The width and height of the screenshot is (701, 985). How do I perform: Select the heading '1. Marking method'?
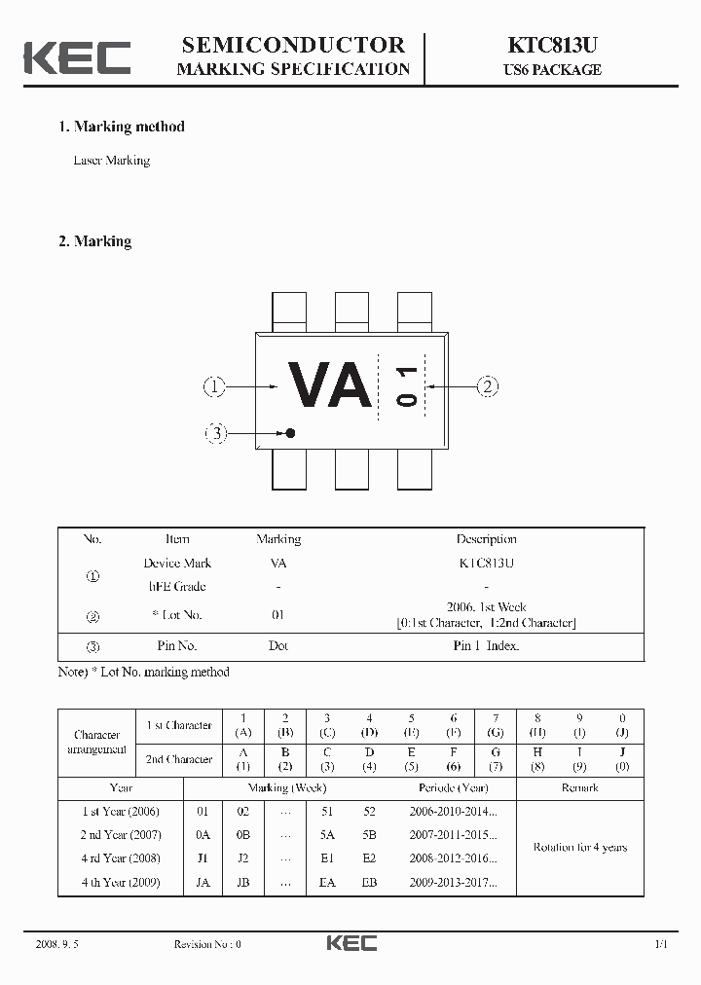coord(122,127)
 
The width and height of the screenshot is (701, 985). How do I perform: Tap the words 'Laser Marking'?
coord(112,161)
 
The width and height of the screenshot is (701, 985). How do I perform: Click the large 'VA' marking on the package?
coord(329,386)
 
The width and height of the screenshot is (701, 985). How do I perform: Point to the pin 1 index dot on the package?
coord(289,432)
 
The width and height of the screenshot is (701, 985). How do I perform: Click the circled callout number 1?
coord(214,386)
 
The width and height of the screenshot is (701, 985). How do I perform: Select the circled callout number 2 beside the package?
coord(488,386)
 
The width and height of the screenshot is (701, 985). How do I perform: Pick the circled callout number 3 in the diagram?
coord(216,433)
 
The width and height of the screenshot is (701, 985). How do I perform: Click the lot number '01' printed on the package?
coord(406,386)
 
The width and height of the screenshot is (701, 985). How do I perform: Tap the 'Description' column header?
coord(486,539)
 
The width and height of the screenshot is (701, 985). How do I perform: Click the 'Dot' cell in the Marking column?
coord(278,645)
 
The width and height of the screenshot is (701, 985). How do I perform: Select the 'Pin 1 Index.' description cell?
coord(486,645)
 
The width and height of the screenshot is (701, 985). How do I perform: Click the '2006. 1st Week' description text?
coord(486,607)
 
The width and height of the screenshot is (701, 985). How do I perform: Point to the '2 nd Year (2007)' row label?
coord(121,835)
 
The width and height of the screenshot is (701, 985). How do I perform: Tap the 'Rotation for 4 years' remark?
coord(579,847)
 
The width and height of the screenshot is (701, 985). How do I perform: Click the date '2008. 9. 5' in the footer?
coord(56,944)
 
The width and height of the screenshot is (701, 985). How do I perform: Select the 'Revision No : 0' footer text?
coord(206,944)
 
